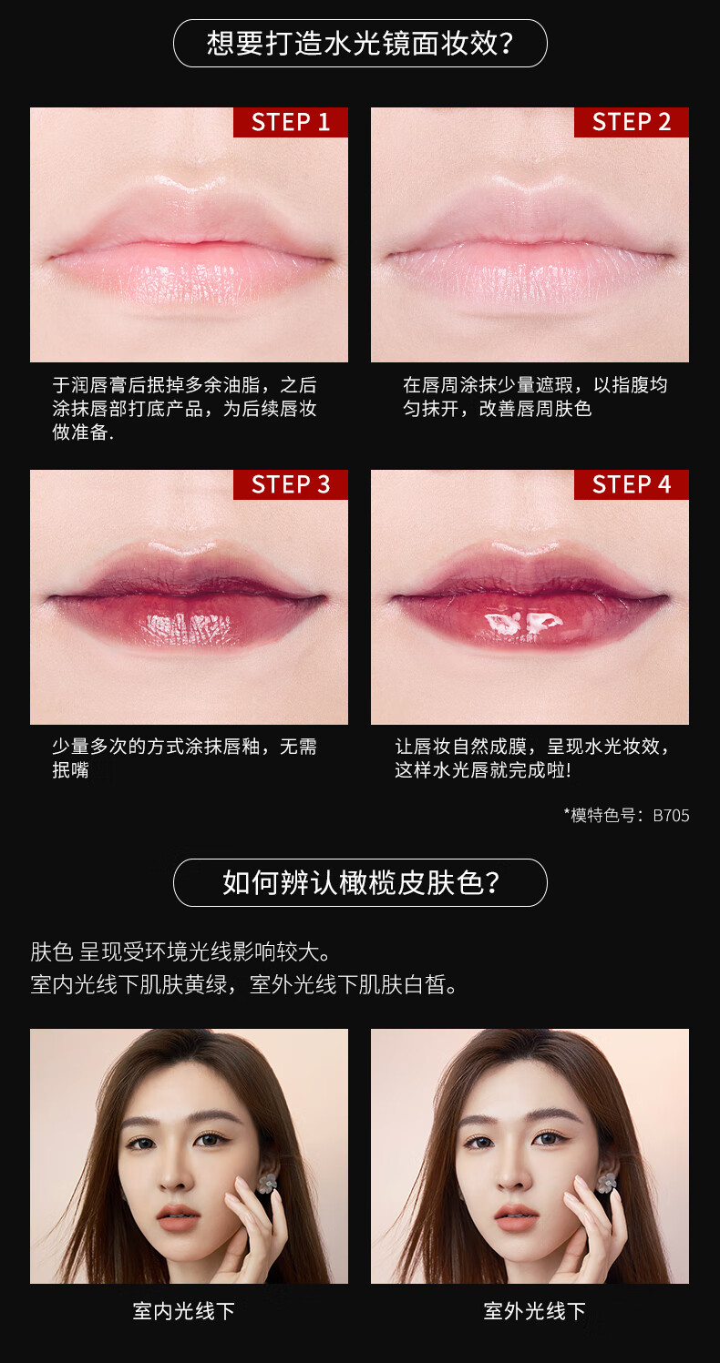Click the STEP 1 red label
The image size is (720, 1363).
(x=291, y=122)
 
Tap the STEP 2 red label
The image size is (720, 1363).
(x=631, y=122)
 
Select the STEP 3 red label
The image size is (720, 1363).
(x=291, y=484)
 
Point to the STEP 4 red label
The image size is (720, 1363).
(x=631, y=484)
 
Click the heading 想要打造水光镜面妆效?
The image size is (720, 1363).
(x=360, y=43)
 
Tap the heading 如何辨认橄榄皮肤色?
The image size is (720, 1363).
(x=360, y=882)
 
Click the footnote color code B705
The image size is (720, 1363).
(x=671, y=816)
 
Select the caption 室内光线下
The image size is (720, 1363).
(x=184, y=1311)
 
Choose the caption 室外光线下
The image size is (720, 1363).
(x=534, y=1311)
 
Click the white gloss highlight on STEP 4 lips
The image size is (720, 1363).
(x=522, y=623)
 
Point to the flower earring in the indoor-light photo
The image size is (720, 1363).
(x=266, y=1184)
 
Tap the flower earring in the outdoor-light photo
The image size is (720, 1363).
(x=606, y=1183)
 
